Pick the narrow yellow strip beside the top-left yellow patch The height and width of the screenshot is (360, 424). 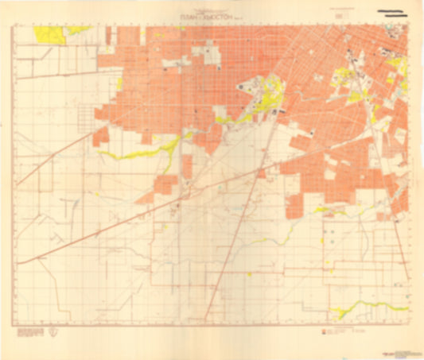coord(79,29)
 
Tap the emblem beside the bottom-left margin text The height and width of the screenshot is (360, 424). coord(53,332)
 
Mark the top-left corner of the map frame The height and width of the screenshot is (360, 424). coord(14,25)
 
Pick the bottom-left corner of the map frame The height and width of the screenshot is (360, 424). coord(14,323)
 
